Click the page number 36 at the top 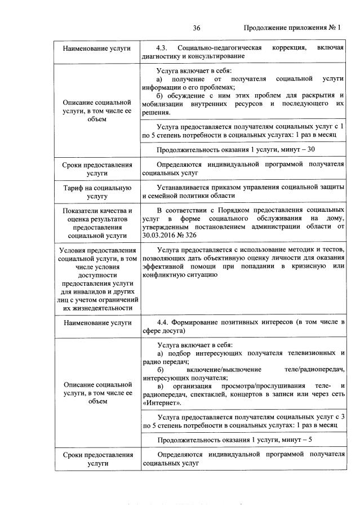pyautogui.click(x=197, y=28)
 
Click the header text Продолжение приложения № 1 pyautogui.click(x=292, y=28)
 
